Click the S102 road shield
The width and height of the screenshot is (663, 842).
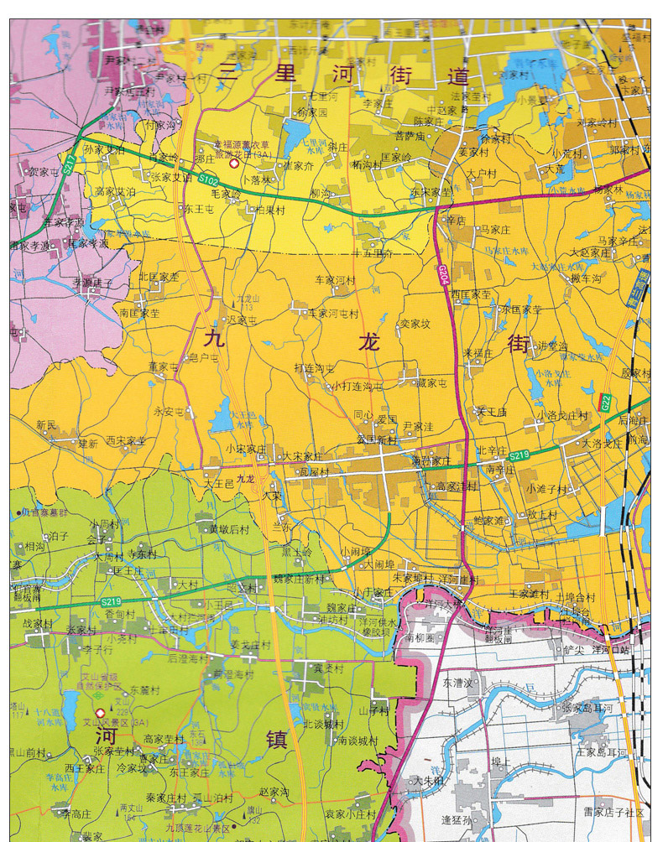(x=208, y=179)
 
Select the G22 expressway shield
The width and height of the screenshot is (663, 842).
(x=605, y=403)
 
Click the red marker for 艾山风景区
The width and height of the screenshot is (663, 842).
(x=101, y=713)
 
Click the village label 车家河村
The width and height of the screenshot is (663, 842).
(x=336, y=280)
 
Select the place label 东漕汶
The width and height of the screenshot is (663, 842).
(x=459, y=683)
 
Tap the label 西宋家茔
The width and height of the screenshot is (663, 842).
(x=125, y=440)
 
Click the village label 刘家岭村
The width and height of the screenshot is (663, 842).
(x=596, y=122)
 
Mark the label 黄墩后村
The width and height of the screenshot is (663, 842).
(x=229, y=529)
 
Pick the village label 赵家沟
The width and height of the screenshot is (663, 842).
(x=274, y=791)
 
